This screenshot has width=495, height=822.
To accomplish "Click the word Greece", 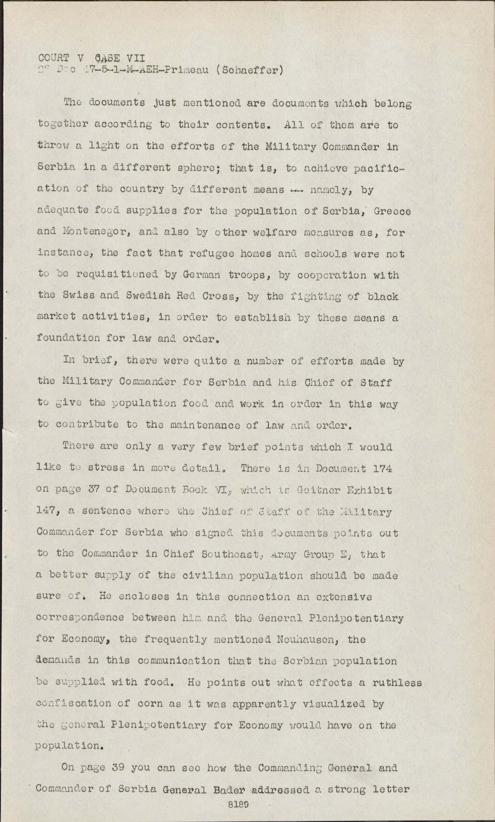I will coord(392,211).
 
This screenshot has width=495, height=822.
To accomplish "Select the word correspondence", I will coord(80,618).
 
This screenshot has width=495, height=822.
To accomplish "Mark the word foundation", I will coord(68,338).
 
